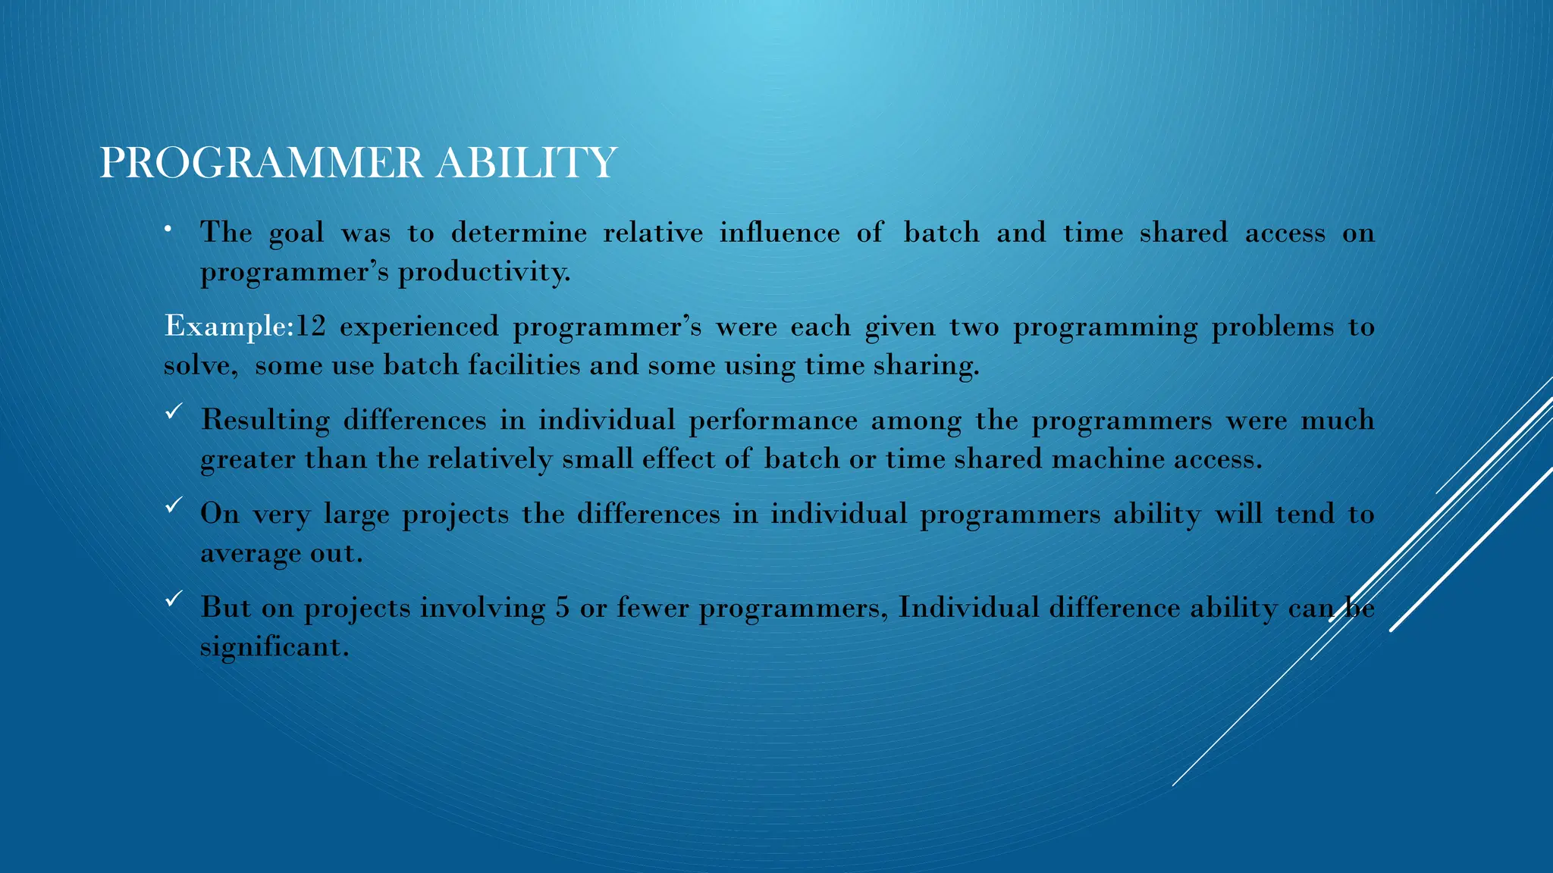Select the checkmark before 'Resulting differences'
click(173, 411)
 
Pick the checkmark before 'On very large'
click(173, 505)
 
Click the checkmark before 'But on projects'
click(173, 599)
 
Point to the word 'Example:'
click(228, 327)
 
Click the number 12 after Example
click(310, 327)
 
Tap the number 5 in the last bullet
click(562, 608)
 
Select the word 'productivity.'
click(485, 272)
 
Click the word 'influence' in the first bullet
click(780, 233)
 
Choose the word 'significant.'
click(275, 647)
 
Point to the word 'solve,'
click(201, 366)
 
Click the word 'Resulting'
click(265, 421)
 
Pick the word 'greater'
click(248, 460)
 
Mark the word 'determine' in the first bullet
click(519, 233)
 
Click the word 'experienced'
click(419, 327)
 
